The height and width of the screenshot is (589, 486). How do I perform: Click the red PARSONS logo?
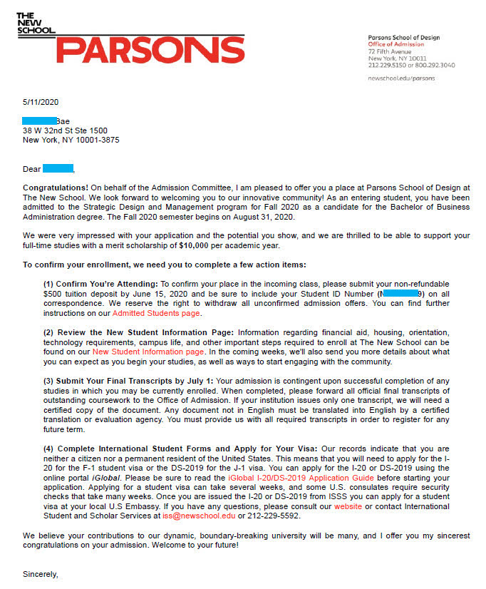pos(150,49)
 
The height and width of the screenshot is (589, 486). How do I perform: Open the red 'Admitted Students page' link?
pos(156,313)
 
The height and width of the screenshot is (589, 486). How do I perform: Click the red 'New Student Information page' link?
pos(148,352)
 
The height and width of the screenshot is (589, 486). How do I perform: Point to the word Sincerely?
pos(40,573)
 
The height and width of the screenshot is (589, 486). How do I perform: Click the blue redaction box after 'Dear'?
pos(58,169)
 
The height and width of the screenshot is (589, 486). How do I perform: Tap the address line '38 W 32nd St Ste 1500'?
pos(65,130)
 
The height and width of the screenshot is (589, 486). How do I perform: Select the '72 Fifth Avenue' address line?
pos(390,51)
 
